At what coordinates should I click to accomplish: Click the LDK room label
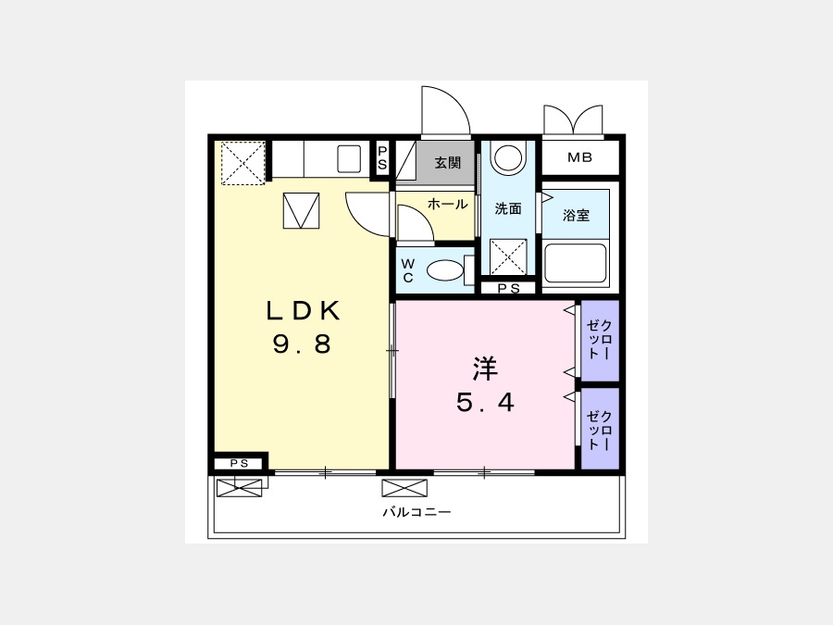pos(303,311)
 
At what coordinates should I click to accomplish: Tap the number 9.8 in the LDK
pos(302,344)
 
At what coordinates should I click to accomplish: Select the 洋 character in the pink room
pos(485,369)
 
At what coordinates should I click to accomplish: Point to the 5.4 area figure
pos(485,403)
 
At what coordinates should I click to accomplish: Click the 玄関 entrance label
pos(447,163)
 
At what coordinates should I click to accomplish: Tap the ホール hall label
pos(447,204)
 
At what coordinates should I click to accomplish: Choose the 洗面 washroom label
pos(508,209)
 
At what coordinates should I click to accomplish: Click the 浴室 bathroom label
pos(576,215)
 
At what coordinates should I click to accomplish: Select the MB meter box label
pos(579,157)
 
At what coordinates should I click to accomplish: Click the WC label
pos(407,270)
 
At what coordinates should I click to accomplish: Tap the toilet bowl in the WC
pos(445,270)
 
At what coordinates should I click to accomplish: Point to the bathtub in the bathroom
pos(576,264)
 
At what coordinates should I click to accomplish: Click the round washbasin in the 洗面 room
pos(508,157)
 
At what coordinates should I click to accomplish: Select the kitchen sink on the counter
pos(349,159)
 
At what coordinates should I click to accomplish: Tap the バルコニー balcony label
pos(417,512)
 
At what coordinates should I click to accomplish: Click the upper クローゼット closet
pos(601,341)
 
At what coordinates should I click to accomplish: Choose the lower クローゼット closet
pos(601,429)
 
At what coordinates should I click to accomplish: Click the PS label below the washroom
pos(508,289)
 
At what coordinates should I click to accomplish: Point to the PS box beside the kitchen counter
pos(382,158)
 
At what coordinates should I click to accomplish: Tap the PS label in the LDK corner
pos(239,464)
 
